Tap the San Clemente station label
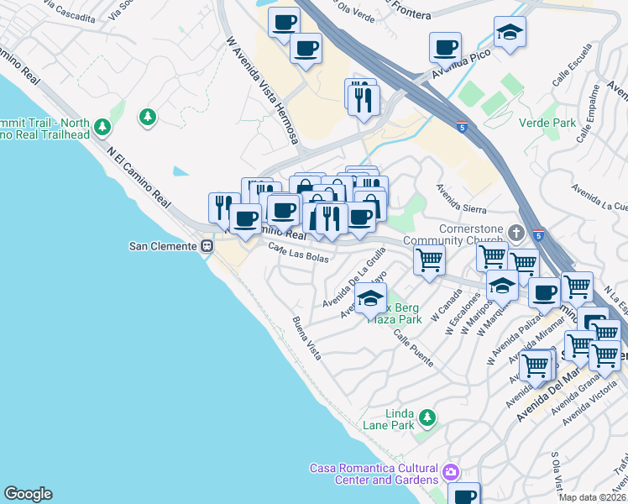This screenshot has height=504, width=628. point(162,246)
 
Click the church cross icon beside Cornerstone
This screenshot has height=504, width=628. point(515,231)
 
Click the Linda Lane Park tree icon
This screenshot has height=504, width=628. point(427,417)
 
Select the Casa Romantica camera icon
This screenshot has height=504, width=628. point(452,473)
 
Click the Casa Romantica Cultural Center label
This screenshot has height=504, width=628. point(374,474)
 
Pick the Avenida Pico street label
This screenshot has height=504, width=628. point(460,68)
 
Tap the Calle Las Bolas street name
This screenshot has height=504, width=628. point(299,251)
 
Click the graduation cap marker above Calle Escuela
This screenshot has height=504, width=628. point(510,33)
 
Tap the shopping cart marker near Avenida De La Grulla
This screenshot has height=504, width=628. point(429,260)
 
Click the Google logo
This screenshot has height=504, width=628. point(28,494)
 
